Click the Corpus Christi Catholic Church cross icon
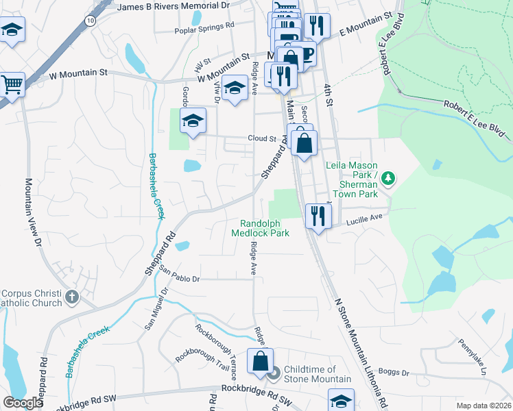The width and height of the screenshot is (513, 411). click(x=72, y=298)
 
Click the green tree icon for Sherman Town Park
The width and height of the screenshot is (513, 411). click(x=388, y=178)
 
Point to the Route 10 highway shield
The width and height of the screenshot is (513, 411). click(x=91, y=21)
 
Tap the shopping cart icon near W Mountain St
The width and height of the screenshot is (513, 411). click(x=12, y=84)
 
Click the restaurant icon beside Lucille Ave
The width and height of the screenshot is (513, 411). click(x=317, y=216)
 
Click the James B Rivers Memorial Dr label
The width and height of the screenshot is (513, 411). click(x=173, y=6)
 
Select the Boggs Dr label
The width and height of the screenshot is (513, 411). click(x=395, y=373)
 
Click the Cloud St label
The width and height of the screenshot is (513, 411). click(x=261, y=138)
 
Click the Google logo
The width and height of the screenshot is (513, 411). click(x=22, y=403)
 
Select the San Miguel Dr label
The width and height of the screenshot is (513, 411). click(x=155, y=309)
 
